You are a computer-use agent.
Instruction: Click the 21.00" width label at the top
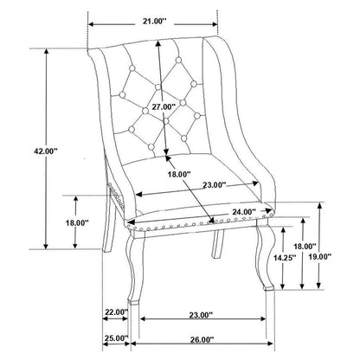[x=155, y=21]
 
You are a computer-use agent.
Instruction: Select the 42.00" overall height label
[x=46, y=151]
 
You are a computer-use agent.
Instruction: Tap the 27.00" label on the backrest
[x=164, y=106]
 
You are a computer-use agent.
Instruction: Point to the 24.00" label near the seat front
[x=244, y=212]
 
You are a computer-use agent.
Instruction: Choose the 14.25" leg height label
[x=285, y=258]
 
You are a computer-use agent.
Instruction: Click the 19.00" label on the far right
[x=320, y=256]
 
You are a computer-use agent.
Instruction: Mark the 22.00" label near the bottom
[x=116, y=312]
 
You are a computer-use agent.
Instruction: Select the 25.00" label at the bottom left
[x=116, y=337]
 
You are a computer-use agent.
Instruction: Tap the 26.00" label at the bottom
[x=202, y=339]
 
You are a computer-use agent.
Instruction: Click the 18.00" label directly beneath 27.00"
[x=179, y=174]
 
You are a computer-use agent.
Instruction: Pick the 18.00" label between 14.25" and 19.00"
[x=305, y=247]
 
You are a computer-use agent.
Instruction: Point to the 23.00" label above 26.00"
[x=201, y=315]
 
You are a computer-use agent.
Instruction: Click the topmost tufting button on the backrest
[x=178, y=60]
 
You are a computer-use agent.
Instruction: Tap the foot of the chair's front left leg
[x=133, y=302]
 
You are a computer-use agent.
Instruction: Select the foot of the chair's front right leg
[x=269, y=287]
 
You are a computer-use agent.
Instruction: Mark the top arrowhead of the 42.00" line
[x=46, y=51]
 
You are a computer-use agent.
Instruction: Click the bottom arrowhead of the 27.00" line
[x=165, y=152]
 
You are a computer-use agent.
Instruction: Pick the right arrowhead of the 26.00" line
[x=270, y=344]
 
